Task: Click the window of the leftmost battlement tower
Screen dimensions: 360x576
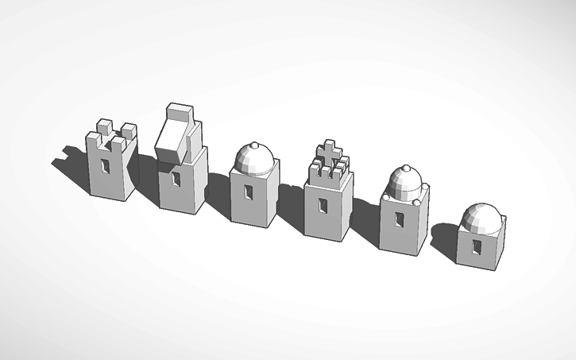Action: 106,165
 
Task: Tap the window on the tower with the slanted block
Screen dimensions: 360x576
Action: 176,178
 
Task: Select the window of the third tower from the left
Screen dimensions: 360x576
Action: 248,193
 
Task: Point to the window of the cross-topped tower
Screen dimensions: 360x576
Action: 323,205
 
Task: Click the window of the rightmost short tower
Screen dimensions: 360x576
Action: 476,247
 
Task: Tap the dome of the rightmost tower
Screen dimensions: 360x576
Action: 483,216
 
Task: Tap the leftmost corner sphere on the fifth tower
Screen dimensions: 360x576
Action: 386,197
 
